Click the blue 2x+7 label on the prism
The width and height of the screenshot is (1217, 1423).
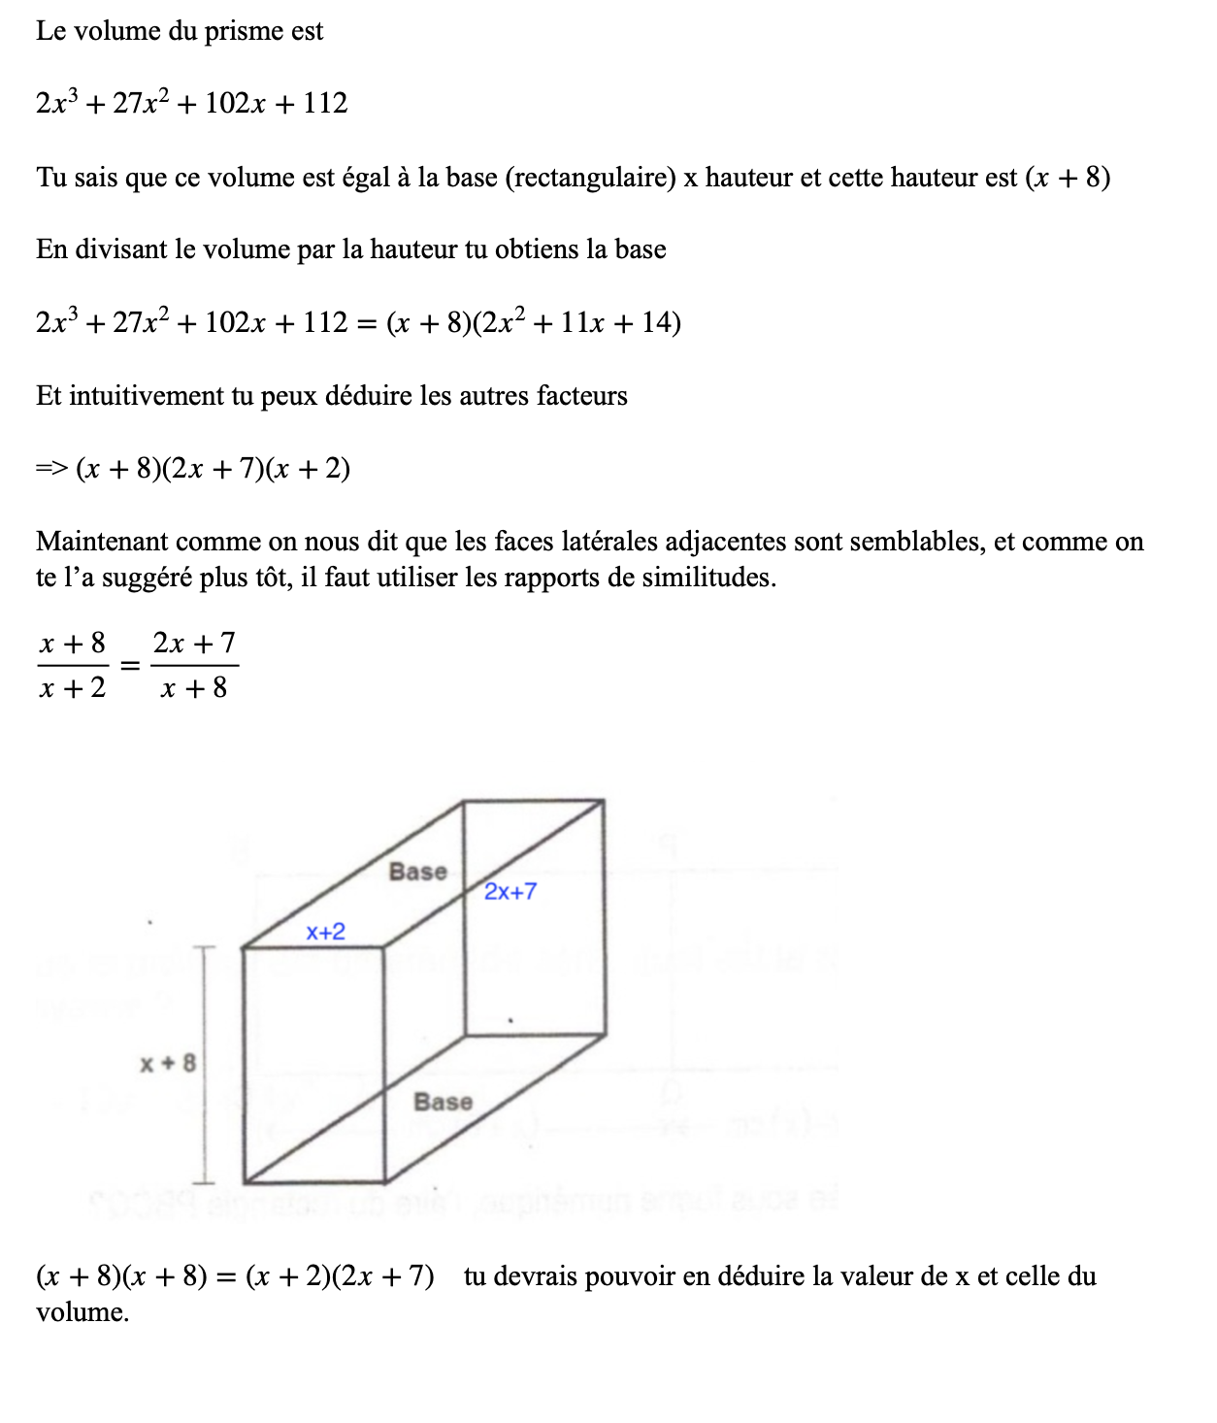510,891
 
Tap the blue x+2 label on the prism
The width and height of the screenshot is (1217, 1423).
325,932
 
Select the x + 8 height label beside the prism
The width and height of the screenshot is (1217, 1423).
168,1063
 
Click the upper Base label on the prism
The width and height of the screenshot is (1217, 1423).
418,872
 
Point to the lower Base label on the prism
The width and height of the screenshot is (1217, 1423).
443,1102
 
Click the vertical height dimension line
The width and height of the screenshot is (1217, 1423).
204,1064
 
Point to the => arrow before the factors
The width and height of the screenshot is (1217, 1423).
51,469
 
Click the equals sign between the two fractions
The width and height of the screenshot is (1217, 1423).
130,666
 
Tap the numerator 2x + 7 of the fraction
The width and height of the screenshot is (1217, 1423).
194,643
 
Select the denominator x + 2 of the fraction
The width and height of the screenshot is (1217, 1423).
73,688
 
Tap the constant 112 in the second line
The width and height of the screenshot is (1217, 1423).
324,103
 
